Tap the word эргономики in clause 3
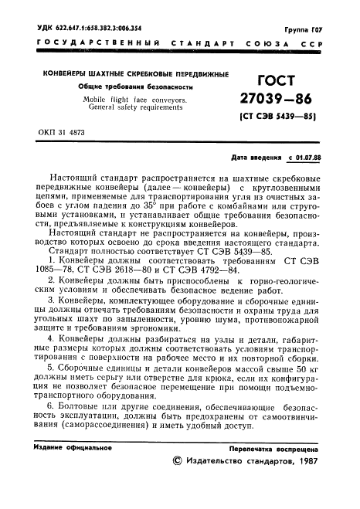click(x=195, y=327)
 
